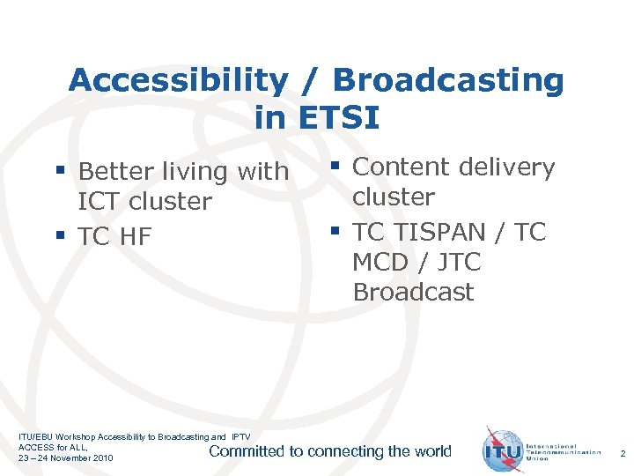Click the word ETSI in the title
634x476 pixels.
click(339, 115)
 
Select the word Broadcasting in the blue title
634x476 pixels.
click(447, 80)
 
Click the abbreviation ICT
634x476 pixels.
click(100, 202)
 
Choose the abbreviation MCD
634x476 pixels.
click(381, 263)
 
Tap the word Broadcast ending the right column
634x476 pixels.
click(413, 293)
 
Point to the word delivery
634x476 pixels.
click(505, 167)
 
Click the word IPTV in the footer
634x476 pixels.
click(240, 437)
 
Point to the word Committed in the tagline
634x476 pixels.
click(246, 451)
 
